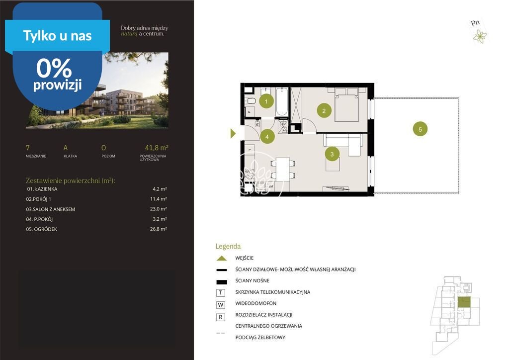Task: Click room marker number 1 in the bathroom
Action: point(266,101)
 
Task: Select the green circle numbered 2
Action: point(324,111)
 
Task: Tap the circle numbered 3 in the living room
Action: point(332,154)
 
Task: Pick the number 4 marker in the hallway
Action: point(267,137)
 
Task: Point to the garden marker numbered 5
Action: point(420,129)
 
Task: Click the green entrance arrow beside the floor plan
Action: point(233,133)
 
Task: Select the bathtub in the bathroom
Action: point(281,101)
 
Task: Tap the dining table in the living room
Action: point(282,169)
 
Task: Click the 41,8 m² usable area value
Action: point(157,148)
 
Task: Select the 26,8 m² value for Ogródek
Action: point(159,229)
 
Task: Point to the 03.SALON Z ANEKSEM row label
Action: point(51,209)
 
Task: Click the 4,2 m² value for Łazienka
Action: point(160,189)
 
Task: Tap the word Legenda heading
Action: point(228,247)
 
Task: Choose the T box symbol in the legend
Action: point(221,293)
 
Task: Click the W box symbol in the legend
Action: point(221,305)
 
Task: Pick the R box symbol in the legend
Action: point(221,317)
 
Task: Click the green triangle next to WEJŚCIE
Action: point(222,259)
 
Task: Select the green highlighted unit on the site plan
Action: point(464,302)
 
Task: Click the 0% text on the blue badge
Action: point(54,68)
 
